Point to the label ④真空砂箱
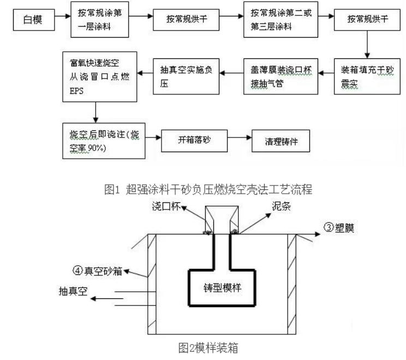point(96,269)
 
